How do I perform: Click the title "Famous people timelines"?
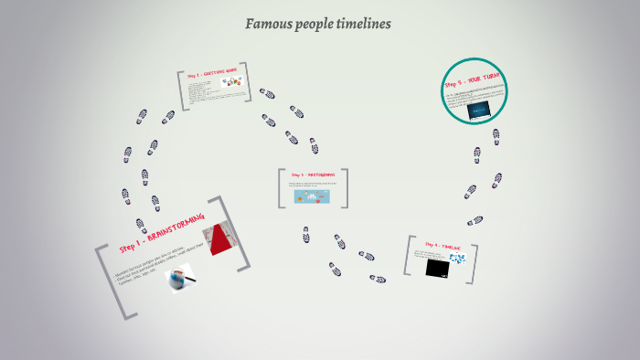point(318,24)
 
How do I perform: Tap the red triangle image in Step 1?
point(219,239)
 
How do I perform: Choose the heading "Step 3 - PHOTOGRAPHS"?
point(313,175)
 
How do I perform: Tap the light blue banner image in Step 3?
point(313,196)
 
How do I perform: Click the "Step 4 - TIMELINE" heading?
point(443,247)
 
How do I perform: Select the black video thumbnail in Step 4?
point(437,268)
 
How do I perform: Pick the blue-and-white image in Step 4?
point(457,259)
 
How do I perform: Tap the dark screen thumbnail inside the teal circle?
point(478,111)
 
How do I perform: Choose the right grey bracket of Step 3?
point(346,187)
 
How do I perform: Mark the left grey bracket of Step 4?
point(409,256)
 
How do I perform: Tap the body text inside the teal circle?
point(475,95)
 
